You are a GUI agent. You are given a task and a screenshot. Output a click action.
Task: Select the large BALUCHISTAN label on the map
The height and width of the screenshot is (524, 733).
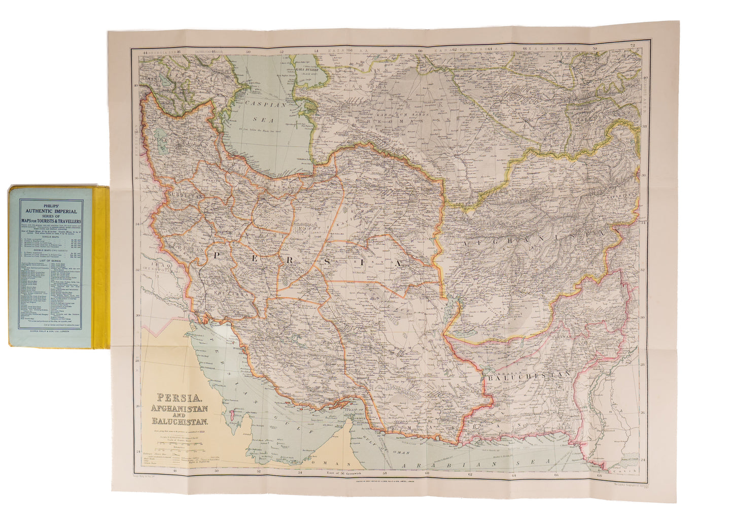pyautogui.click(x=529, y=376)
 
